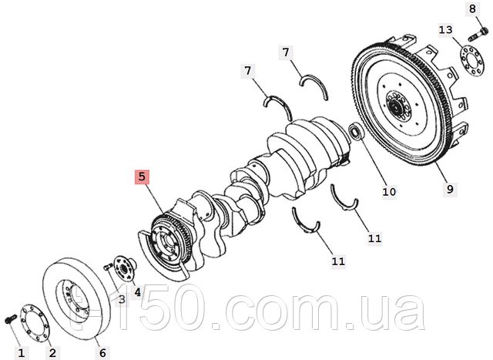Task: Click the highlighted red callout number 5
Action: pyautogui.click(x=142, y=177)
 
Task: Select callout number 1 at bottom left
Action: pyautogui.click(x=21, y=353)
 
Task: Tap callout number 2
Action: pyautogui.click(x=52, y=353)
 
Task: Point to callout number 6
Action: pyautogui.click(x=102, y=353)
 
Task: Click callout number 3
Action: pyautogui.click(x=122, y=299)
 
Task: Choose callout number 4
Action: pyautogui.click(x=137, y=292)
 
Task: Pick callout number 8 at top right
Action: pyautogui.click(x=472, y=8)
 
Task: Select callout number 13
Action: pyautogui.click(x=445, y=30)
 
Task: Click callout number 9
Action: pyautogui.click(x=450, y=190)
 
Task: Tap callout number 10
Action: pyautogui.click(x=389, y=191)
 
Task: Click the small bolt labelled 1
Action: pyautogui.click(x=10, y=318)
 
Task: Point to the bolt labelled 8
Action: pyautogui.click(x=478, y=35)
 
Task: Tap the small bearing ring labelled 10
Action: pyautogui.click(x=357, y=131)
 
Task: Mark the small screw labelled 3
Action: pyautogui.click(x=107, y=267)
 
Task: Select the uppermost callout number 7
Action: pyautogui.click(x=286, y=52)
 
